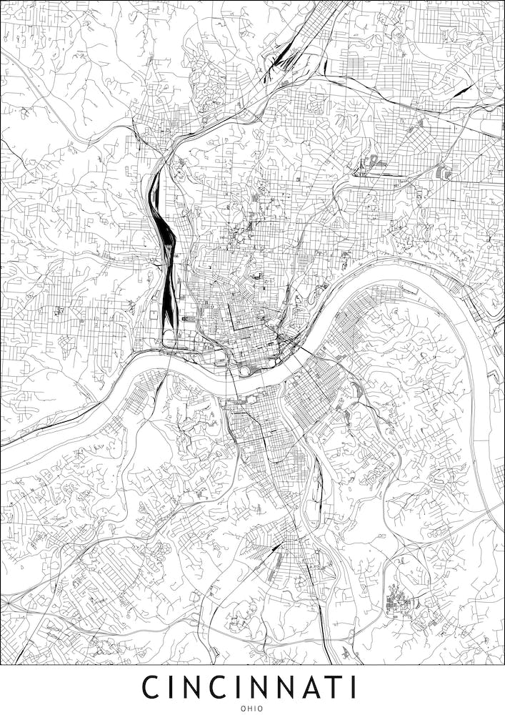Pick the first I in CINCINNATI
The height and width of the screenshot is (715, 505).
point(173,686)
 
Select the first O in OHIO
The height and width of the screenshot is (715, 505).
point(244,708)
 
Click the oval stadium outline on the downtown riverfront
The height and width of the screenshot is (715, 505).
point(246,370)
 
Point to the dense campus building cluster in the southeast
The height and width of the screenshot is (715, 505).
point(398,604)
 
